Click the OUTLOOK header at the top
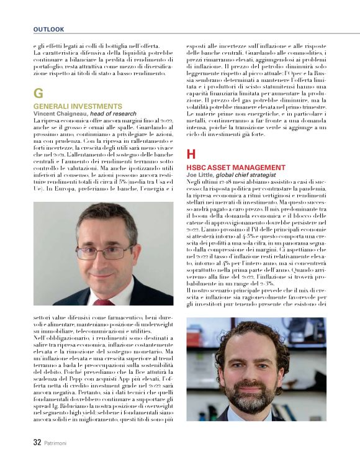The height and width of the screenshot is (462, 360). click(x=48, y=29)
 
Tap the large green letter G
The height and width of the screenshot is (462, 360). click(x=38, y=94)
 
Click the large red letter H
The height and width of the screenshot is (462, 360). click(x=191, y=154)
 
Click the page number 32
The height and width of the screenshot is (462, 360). click(x=37, y=443)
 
